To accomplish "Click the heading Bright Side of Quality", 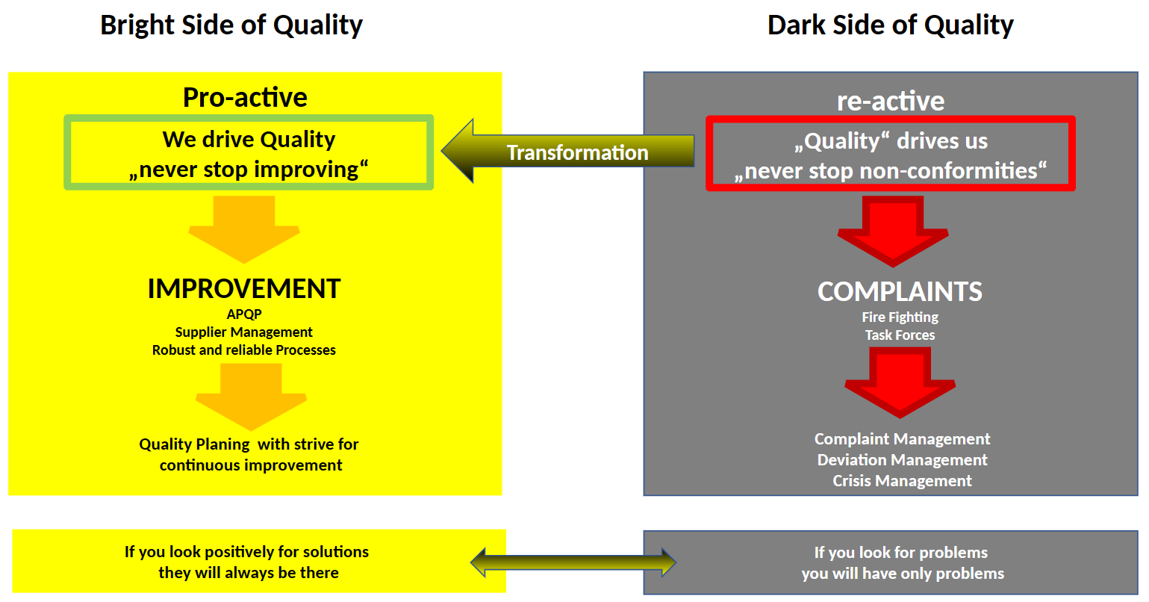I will pyautogui.click(x=231, y=25).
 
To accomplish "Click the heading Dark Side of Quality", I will pyautogui.click(x=890, y=25).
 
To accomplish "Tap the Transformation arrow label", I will pyautogui.click(x=577, y=152).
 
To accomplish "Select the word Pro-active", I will pyautogui.click(x=245, y=98).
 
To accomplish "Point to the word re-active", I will pyautogui.click(x=890, y=101).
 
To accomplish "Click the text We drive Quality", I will pyautogui.click(x=249, y=140).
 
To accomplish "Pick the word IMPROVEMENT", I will pyautogui.click(x=244, y=289).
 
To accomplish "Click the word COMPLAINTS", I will pyautogui.click(x=900, y=291).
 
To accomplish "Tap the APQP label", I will pyautogui.click(x=244, y=314).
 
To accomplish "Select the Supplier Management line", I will pyautogui.click(x=244, y=332).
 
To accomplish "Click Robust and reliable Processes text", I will pyautogui.click(x=244, y=350).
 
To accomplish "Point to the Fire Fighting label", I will pyautogui.click(x=900, y=317).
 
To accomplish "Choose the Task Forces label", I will pyautogui.click(x=900, y=335).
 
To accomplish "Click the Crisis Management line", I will pyautogui.click(x=902, y=481).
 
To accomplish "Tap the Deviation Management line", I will pyautogui.click(x=902, y=460).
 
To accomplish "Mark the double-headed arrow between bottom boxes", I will pyautogui.click(x=573, y=562).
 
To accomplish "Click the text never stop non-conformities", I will pyautogui.click(x=890, y=171).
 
